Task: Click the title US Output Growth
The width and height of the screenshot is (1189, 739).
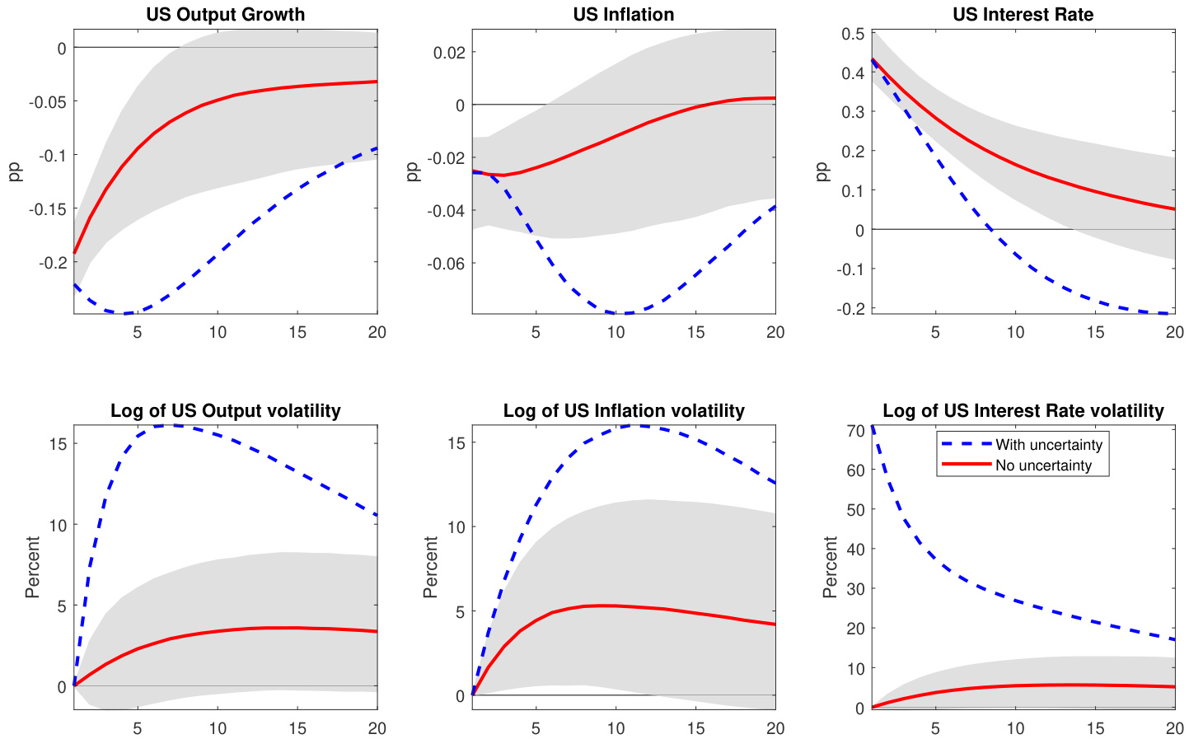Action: coord(225,15)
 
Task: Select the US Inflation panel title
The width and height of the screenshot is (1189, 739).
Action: coord(624,15)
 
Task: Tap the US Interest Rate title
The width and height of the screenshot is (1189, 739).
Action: coord(1023,15)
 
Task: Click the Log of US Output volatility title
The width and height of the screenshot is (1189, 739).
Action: coord(225,411)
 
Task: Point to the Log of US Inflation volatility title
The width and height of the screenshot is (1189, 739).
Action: coord(624,411)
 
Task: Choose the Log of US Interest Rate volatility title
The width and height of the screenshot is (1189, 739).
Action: coord(1023,411)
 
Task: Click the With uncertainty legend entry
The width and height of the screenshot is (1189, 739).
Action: coord(1048,445)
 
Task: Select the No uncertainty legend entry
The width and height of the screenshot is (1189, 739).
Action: coord(1043,465)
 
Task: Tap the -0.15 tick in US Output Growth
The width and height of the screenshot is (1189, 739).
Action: coord(47,209)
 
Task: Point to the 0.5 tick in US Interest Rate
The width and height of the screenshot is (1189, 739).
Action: coord(853,34)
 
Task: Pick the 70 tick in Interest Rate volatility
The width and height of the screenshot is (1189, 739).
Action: coord(854,431)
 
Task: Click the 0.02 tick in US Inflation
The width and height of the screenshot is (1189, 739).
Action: coord(449,53)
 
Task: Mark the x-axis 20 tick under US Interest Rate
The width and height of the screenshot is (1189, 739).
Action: coord(1175,332)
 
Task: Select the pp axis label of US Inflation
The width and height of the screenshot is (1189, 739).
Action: coord(414,171)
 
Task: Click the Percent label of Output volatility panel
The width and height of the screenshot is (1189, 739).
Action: coord(32,567)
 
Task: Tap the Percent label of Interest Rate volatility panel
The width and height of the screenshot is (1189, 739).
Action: coord(830,567)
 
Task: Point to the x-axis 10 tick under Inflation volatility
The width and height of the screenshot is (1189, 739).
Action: coord(616,728)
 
